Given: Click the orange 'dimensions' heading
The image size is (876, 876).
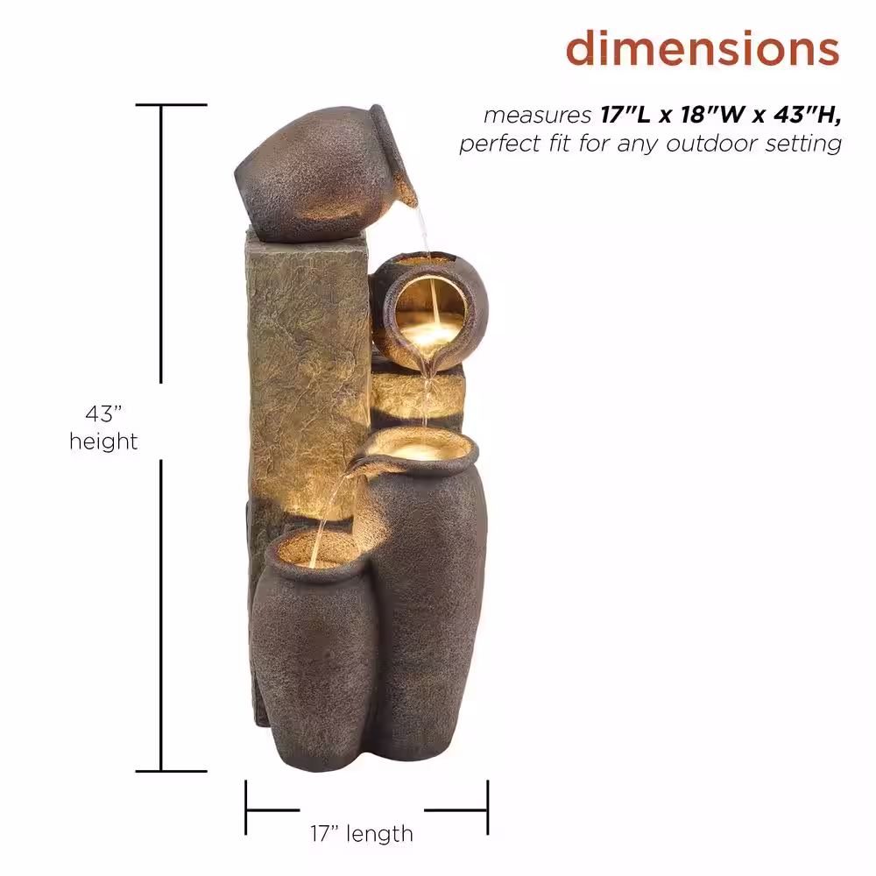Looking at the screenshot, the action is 703,48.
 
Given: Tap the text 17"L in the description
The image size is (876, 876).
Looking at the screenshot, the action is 625,115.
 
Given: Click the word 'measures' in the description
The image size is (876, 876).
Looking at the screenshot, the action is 538,115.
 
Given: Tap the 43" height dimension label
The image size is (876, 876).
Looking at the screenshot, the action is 103,427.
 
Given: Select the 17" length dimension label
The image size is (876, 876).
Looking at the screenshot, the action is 362,834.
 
